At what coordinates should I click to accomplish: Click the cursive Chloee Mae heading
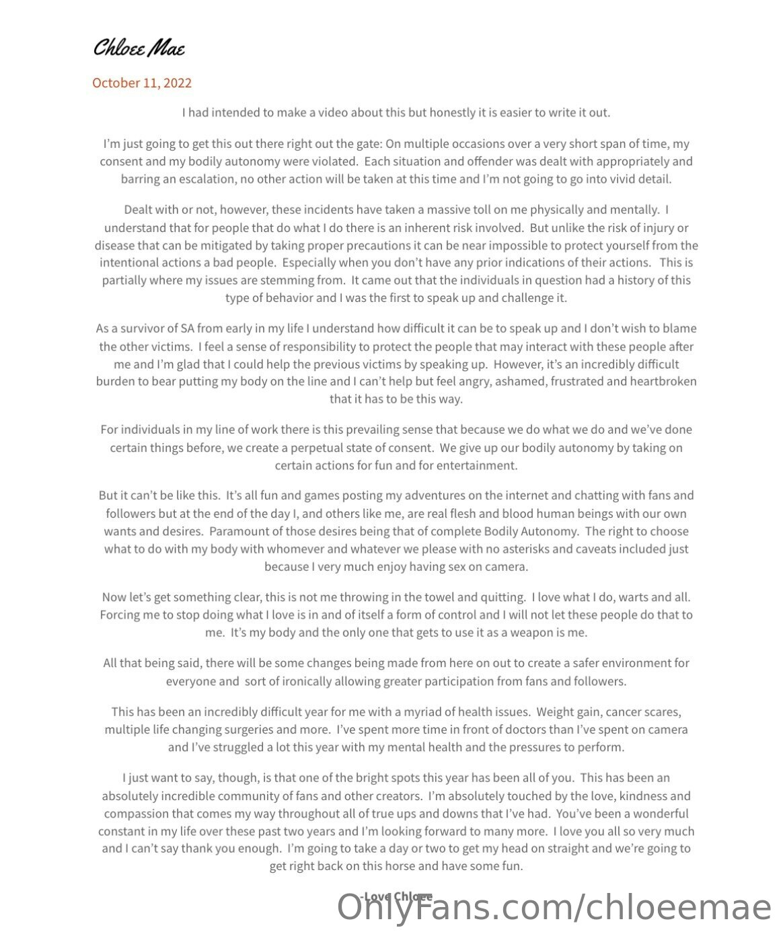(139, 48)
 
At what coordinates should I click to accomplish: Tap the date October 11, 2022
(142, 83)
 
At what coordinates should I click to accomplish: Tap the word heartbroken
(663, 381)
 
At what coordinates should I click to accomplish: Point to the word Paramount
(238, 531)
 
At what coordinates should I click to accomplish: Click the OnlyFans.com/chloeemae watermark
(554, 908)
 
